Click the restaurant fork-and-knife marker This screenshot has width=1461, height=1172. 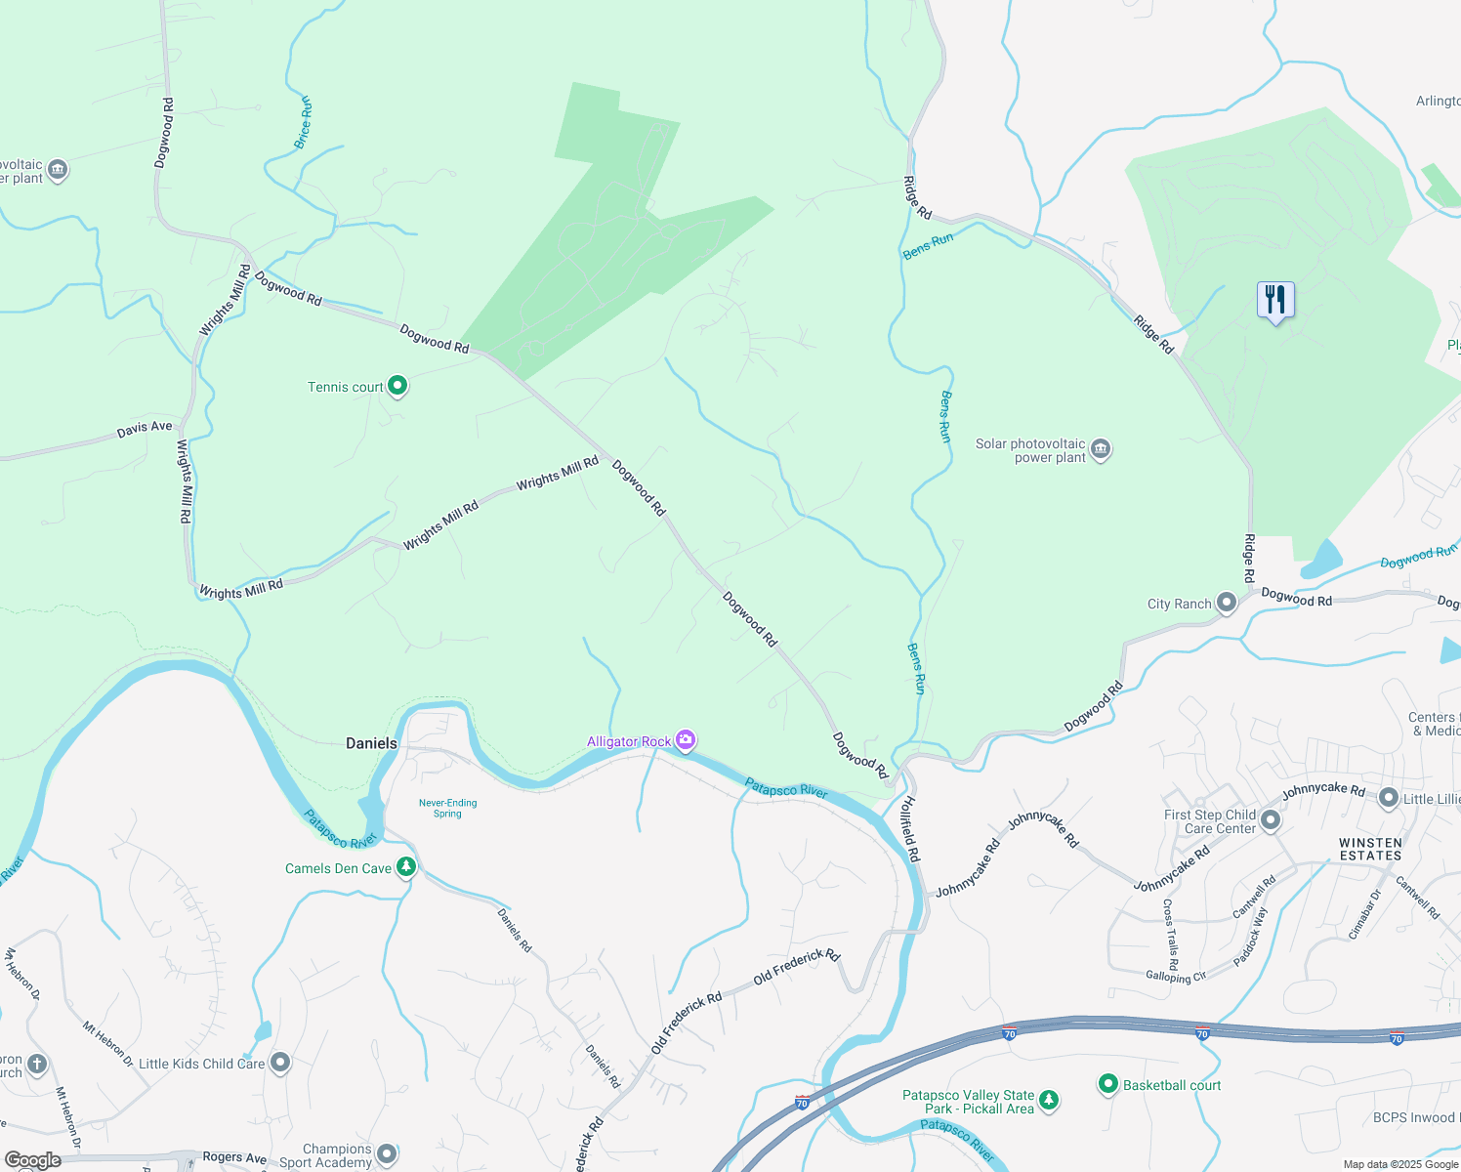point(1274,300)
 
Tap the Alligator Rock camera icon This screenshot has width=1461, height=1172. point(686,740)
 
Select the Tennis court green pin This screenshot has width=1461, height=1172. point(397,386)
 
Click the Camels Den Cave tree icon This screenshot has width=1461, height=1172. point(405,867)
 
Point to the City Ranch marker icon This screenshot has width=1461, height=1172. point(1226,603)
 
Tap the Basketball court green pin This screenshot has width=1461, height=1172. point(1107,1084)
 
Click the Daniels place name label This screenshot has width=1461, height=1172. point(371,743)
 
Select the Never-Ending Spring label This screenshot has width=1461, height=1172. point(447,808)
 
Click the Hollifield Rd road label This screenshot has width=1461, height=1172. point(909,828)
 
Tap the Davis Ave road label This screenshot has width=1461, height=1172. point(145,427)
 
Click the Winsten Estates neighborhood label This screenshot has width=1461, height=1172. point(1370,849)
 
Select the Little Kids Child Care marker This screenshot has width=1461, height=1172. point(280,1063)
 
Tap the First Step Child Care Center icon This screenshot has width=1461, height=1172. point(1271,820)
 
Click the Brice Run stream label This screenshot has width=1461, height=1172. point(304,122)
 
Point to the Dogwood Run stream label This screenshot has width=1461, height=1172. point(1418,557)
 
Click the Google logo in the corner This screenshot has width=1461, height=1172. point(31,1160)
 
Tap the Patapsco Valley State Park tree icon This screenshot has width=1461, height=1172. point(1049,1101)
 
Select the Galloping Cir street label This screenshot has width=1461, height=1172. point(1176,976)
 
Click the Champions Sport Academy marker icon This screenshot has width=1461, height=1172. point(387,1154)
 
